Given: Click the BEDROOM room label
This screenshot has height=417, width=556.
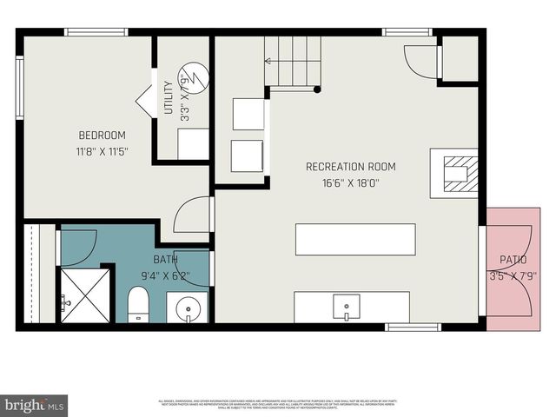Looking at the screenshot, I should (103, 136).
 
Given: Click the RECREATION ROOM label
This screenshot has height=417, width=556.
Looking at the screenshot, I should (350, 167).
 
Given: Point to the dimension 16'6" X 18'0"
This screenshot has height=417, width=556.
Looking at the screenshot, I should (350, 182).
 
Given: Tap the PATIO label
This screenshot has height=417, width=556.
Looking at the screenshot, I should (513, 260).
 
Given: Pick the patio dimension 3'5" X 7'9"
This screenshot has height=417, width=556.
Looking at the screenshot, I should (513, 276).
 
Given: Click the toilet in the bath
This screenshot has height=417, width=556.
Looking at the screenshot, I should (139, 305).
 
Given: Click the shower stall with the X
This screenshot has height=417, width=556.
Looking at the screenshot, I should (84, 295).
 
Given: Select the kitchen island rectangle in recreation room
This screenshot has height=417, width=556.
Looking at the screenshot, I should (354, 240).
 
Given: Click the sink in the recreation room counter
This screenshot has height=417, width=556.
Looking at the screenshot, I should (347, 306).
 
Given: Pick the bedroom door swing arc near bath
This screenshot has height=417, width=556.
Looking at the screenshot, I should (191, 215).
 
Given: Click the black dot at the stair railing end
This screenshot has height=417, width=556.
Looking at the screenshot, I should (317, 89).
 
